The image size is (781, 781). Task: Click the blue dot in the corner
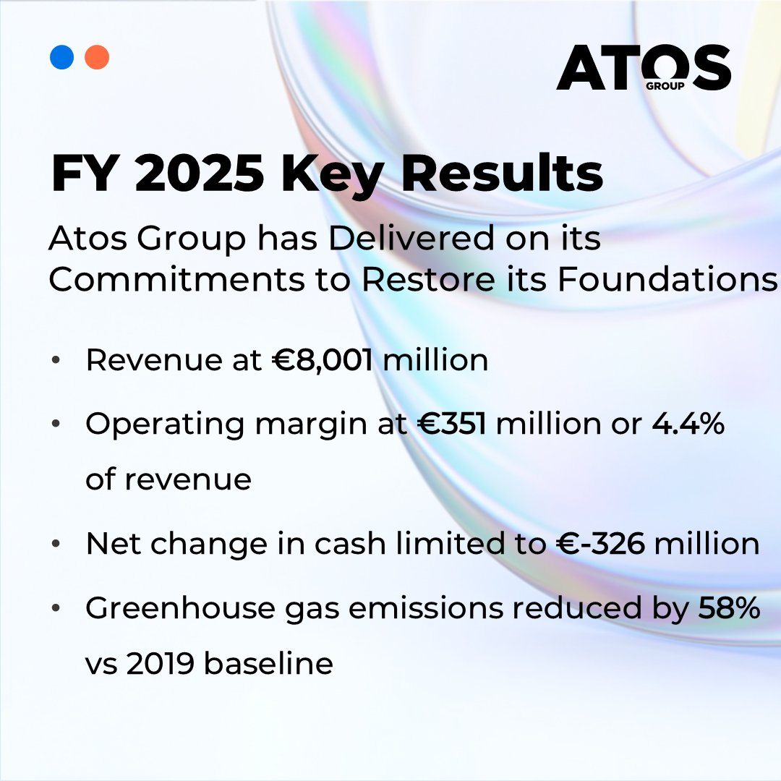(62, 57)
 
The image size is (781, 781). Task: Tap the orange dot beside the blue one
(97, 57)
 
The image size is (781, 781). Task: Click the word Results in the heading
(503, 175)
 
